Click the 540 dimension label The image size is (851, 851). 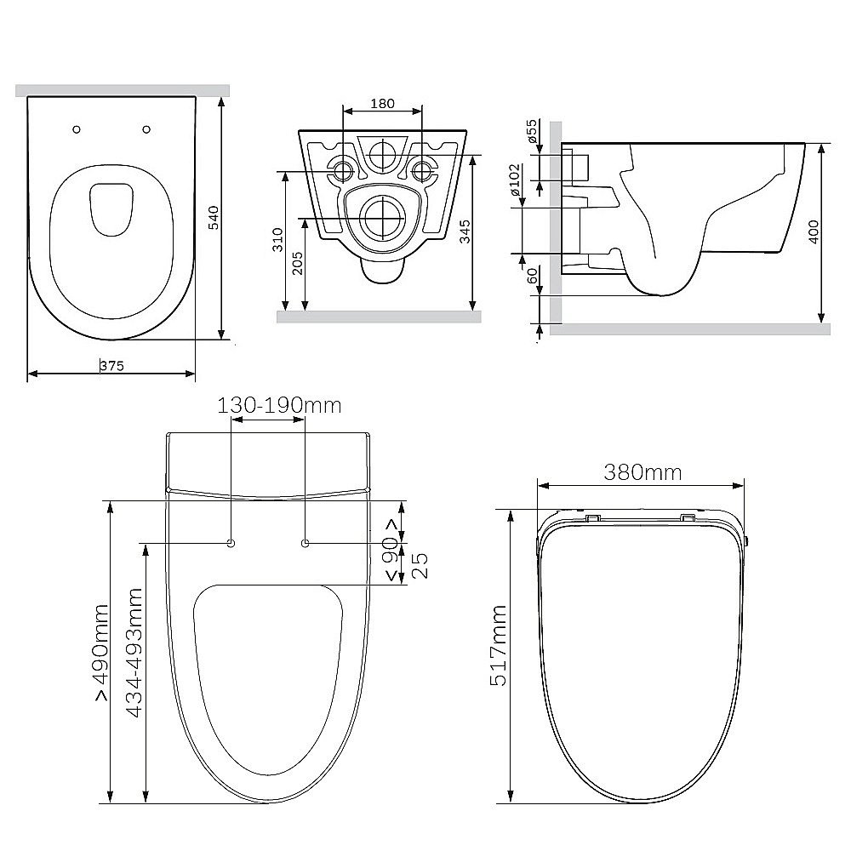tap(214, 218)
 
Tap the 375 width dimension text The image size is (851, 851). tap(111, 366)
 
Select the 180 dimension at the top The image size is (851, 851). tap(383, 103)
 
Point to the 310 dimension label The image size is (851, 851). tap(277, 239)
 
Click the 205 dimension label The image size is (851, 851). tap(297, 263)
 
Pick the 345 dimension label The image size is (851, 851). tap(465, 231)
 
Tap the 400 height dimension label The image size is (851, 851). tap(814, 231)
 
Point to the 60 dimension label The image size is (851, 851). tap(533, 276)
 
